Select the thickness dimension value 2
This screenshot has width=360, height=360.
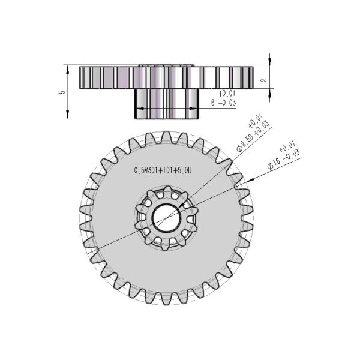coord(279,78)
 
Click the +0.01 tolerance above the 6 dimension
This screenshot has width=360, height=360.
coord(226,94)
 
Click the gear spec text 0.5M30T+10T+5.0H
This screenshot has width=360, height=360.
coord(163,170)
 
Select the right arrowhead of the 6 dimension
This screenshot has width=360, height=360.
coord(196,109)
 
